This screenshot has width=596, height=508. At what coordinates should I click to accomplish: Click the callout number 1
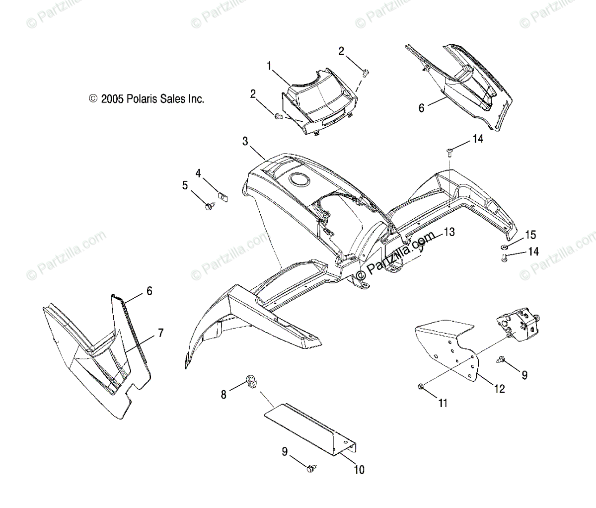pyautogui.click(x=269, y=65)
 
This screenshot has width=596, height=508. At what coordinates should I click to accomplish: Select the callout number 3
pyautogui.click(x=245, y=141)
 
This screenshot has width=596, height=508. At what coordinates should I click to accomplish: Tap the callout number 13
pyautogui.click(x=449, y=231)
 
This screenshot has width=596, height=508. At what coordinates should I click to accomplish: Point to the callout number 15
pyautogui.click(x=531, y=234)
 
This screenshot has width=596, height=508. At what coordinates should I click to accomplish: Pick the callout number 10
pyautogui.click(x=359, y=469)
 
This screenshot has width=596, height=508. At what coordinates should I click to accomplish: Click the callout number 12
pyautogui.click(x=500, y=389)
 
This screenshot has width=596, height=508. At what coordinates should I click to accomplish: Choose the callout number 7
pyautogui.click(x=160, y=334)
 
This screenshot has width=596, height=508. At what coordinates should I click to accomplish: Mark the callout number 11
pyautogui.click(x=443, y=403)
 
